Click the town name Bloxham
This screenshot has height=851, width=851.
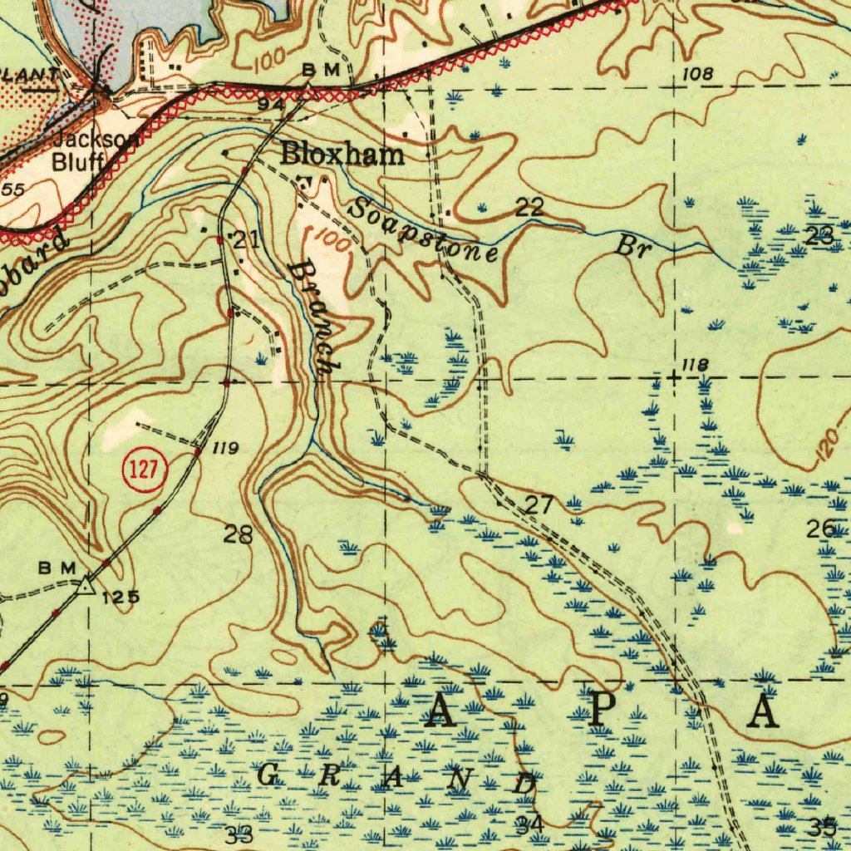click(x=342, y=154)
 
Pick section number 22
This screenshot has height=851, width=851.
click(x=529, y=208)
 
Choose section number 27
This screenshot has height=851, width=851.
click(x=539, y=504)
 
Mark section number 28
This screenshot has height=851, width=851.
click(x=238, y=534)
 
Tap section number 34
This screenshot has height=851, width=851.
click(x=529, y=824)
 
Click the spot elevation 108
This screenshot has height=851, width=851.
click(x=697, y=75)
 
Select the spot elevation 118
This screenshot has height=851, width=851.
click(x=694, y=365)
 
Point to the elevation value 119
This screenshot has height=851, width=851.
click(x=226, y=449)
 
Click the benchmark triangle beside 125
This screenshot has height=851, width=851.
click(x=86, y=588)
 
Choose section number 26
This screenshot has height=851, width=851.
click(x=823, y=529)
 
